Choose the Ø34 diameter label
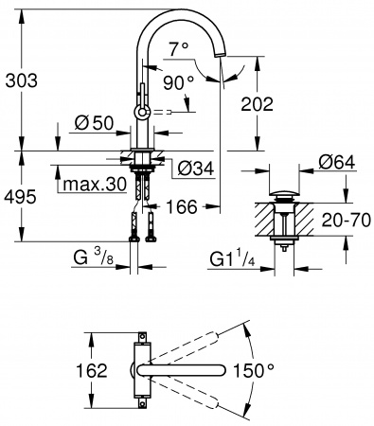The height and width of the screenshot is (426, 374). tap(193, 170)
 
